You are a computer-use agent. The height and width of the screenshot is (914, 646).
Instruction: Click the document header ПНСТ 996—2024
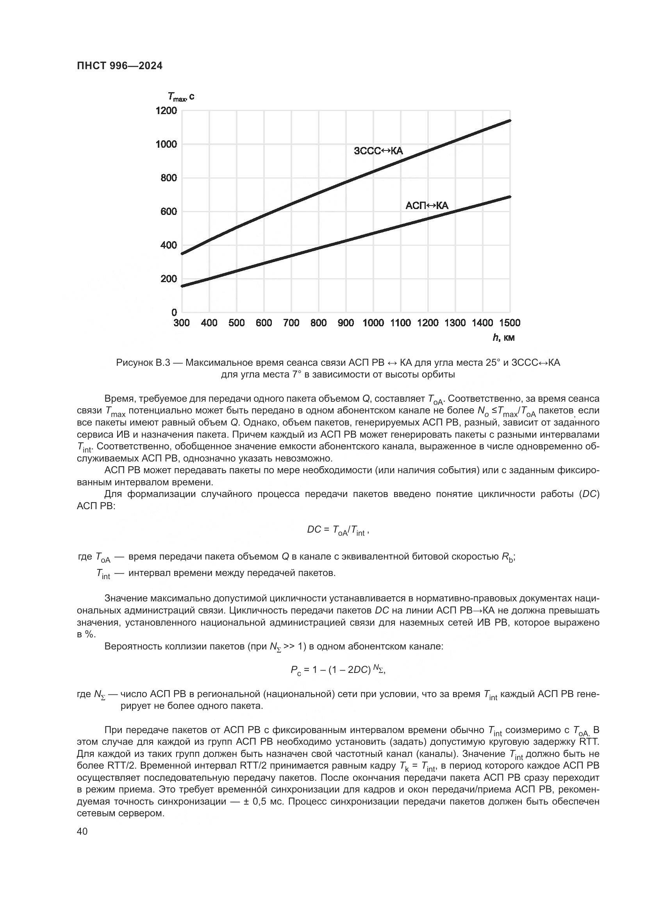coord(120,66)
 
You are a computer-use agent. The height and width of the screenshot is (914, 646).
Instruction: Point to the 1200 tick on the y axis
coord(166,110)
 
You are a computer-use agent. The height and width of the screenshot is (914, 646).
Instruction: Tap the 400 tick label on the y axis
coord(169,245)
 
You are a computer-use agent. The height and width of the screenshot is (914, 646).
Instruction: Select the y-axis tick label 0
coord(174,313)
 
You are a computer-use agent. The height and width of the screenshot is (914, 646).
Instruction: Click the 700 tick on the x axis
coord(291,323)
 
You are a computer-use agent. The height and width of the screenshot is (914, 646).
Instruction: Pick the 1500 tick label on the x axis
coord(510,323)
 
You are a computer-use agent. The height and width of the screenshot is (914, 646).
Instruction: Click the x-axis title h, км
coord(503,338)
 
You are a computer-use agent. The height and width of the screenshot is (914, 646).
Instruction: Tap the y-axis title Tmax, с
coord(181,97)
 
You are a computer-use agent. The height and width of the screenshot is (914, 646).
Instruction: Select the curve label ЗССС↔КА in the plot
coord(378,151)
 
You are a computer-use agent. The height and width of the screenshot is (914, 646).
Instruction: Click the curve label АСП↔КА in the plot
coord(427,206)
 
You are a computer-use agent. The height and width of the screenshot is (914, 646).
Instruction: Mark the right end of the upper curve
coord(510,121)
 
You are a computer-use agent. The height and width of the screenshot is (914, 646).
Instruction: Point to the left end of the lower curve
coord(182,286)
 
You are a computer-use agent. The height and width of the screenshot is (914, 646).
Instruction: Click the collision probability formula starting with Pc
coord(338,671)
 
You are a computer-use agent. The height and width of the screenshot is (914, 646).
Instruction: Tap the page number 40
coord(82,831)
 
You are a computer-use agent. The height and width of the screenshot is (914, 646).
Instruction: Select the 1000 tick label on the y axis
coord(166,144)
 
